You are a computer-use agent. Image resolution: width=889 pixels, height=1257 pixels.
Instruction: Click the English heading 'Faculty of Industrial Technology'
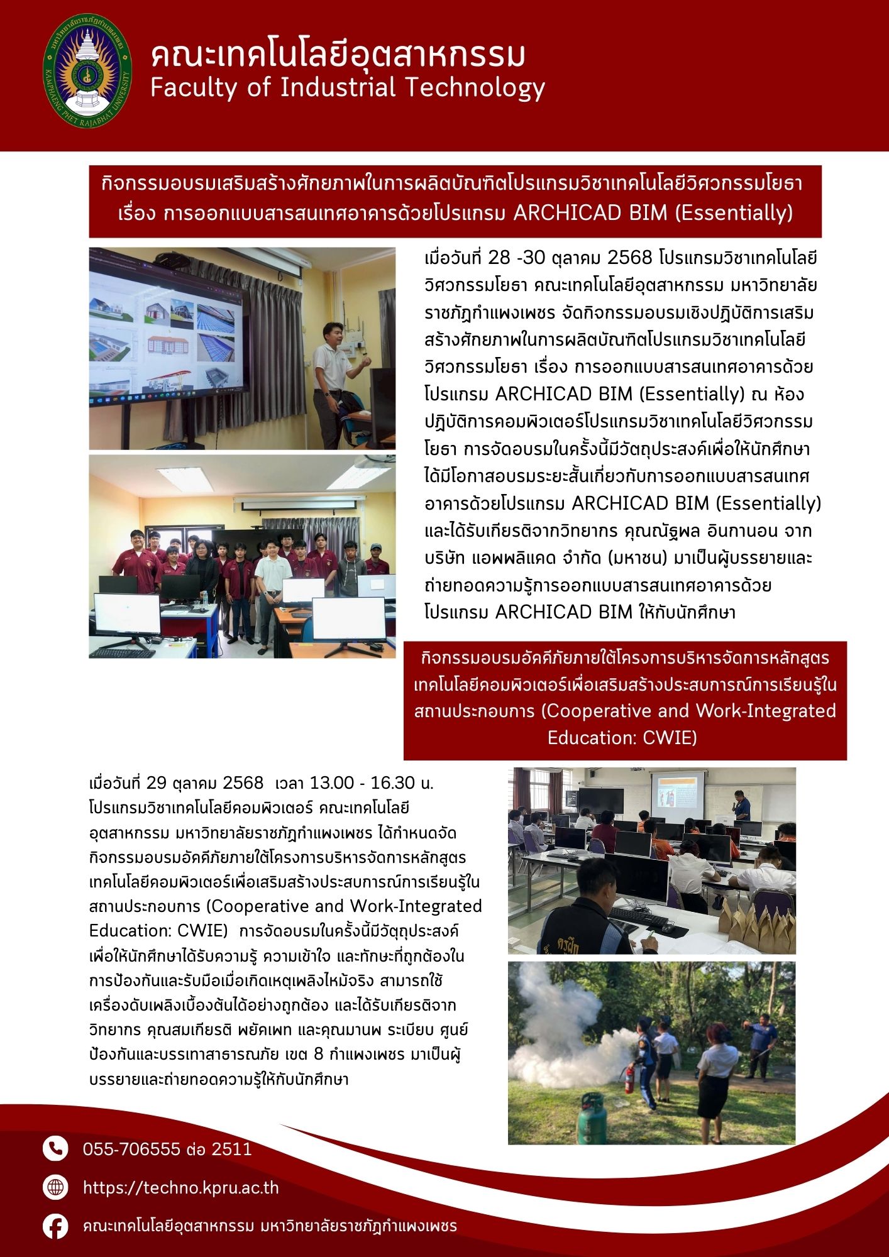[347, 88]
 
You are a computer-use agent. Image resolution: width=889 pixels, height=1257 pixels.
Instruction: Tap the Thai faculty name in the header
[338, 55]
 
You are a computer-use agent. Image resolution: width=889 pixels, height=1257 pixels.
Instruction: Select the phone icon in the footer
[55, 1149]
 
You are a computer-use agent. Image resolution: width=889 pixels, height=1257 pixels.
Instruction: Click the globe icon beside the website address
[55, 1187]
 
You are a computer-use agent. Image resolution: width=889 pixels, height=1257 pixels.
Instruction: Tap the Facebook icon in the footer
[55, 1226]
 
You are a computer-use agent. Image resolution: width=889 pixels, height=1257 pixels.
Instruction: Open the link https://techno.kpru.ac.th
[180, 1188]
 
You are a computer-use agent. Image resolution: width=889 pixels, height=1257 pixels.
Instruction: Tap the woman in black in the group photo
[203, 569]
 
